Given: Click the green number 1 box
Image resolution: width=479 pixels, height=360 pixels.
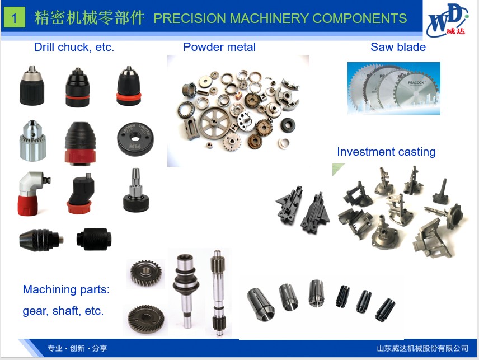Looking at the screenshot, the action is tap(15, 18).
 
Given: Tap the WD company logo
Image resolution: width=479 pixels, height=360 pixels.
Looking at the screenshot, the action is tap(448, 20).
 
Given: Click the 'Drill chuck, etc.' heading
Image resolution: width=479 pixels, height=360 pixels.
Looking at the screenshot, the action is tap(74, 47).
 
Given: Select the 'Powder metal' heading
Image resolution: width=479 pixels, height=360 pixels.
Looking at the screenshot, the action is tap(219, 47).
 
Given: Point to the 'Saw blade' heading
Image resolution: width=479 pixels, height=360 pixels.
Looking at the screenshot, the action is tap(398, 47).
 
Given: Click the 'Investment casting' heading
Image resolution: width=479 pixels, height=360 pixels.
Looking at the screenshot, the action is tap(386, 152).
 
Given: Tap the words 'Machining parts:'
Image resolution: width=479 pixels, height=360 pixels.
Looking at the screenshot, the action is tap(66, 289).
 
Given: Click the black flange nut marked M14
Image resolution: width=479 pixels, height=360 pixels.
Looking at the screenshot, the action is tap(135, 139).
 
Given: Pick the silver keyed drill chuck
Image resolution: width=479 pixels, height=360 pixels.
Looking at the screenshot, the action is tap(32, 141).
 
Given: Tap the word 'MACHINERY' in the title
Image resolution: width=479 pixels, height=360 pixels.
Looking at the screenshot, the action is tap(269, 18).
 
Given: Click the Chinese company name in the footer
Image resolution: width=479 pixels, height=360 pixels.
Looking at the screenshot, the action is tap(422, 348).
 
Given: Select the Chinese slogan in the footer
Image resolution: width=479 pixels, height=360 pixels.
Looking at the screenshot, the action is tap(77, 348).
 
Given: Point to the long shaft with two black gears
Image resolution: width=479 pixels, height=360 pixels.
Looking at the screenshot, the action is tap(218, 292).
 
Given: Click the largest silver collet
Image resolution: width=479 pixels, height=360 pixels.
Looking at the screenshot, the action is tap(260, 304).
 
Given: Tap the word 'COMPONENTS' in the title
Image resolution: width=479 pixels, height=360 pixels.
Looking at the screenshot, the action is tap(360, 18).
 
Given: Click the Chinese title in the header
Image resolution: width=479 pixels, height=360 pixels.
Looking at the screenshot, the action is tap(89, 17).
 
